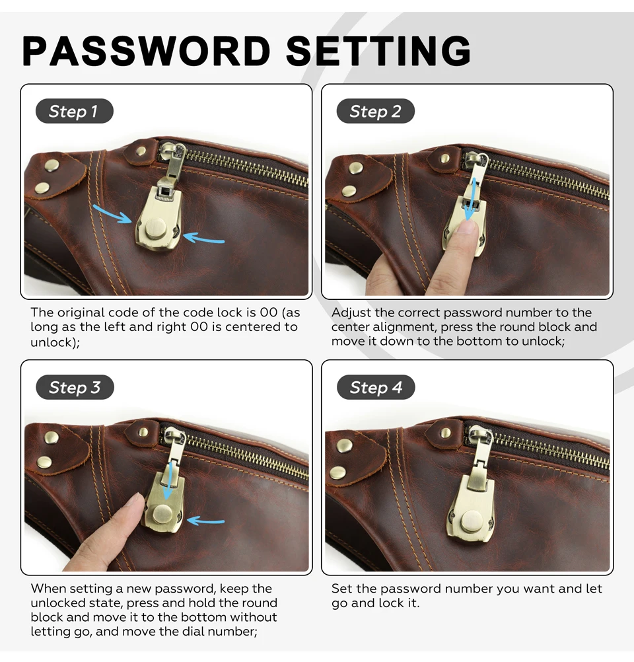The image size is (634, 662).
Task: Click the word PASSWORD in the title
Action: click(146, 51)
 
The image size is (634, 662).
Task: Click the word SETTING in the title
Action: click(378, 51)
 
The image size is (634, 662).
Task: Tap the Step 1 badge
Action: click(74, 111)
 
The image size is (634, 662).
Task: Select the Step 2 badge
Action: click(375, 111)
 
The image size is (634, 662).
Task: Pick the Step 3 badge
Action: click(75, 387)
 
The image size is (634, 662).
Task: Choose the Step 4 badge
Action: click(376, 387)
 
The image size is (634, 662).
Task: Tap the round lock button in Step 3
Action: click(163, 514)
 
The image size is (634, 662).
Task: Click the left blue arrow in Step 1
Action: click(112, 214)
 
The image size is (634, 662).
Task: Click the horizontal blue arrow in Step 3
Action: click(205, 521)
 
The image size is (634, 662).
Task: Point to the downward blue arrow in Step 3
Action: click(168, 480)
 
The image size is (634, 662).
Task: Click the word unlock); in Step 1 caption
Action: click(55, 342)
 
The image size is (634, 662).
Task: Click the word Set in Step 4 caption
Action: click(342, 588)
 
